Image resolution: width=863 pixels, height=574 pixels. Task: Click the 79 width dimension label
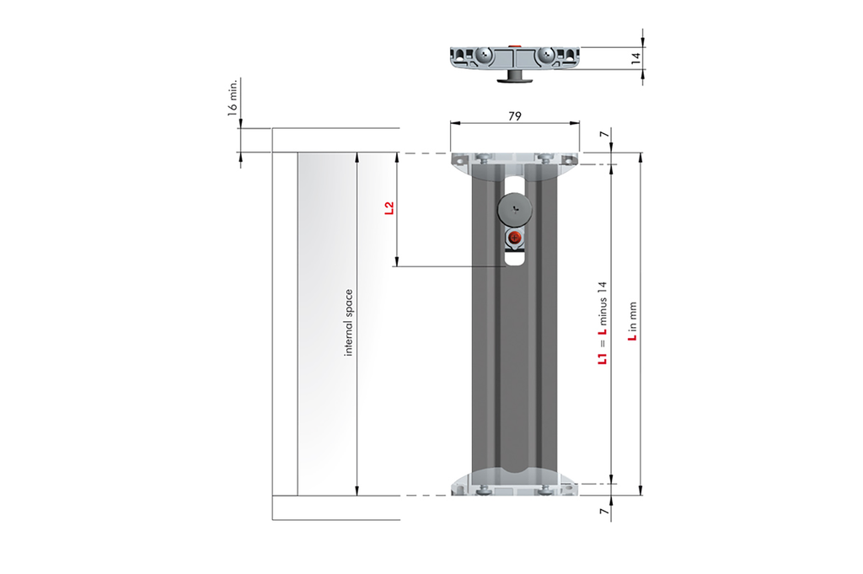pos(515,116)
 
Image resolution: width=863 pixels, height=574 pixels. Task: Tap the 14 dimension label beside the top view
pos(636,58)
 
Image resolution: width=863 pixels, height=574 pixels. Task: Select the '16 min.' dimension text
pos(233,98)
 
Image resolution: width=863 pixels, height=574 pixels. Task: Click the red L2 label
pos(389,208)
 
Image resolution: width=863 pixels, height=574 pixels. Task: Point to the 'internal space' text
pos(348,323)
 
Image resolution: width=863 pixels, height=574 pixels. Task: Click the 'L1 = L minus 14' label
pos(603,323)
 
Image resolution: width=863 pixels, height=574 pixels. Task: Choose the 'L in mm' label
pos(632,321)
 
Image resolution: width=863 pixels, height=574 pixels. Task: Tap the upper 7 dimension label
pos(604,134)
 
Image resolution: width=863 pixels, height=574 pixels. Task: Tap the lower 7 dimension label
pos(604,512)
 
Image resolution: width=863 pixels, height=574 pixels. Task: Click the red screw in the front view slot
pos(515,239)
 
